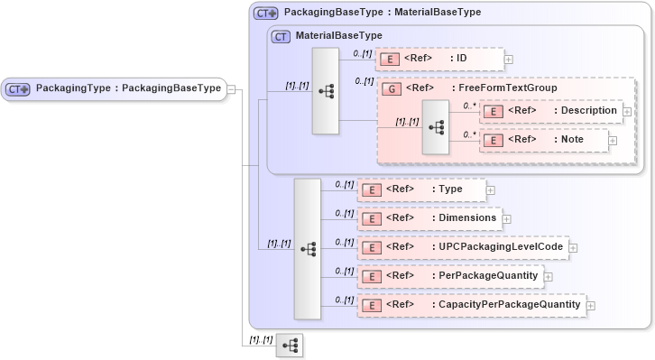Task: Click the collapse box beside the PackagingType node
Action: (232, 88)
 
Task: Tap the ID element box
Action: (438, 60)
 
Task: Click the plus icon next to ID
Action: (509, 60)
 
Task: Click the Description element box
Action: (549, 111)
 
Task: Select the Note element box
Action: (542, 140)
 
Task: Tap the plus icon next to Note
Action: (613, 140)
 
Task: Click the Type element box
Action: (421, 189)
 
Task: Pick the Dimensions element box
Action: (429, 218)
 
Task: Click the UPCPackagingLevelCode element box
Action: (461, 247)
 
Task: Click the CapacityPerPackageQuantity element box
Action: (471, 305)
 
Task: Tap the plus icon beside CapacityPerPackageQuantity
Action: (591, 306)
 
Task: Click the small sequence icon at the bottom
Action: (290, 346)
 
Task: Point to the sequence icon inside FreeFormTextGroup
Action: (436, 127)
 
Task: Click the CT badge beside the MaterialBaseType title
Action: (281, 36)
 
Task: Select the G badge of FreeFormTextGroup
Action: (391, 88)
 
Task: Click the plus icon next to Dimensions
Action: (507, 218)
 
